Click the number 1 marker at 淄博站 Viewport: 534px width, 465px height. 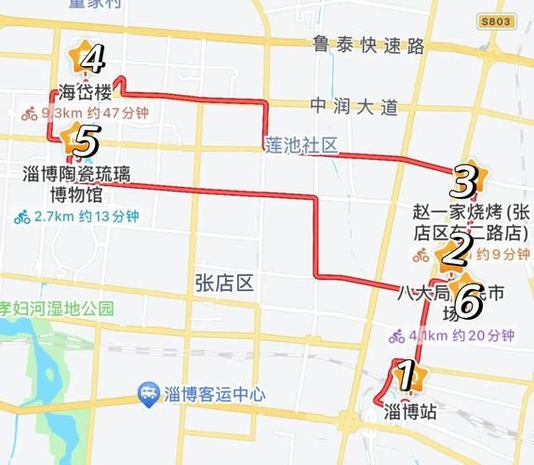coord(404,376)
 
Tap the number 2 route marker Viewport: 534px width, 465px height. coord(455,250)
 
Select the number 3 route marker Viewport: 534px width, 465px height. coord(465,177)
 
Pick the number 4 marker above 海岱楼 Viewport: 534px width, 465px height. coord(90,60)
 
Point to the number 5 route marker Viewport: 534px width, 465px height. coord(82,142)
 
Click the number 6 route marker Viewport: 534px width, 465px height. coord(468,299)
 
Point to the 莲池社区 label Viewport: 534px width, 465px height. coord(300,146)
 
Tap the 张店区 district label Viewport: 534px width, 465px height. coord(223,282)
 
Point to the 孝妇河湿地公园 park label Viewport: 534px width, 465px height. coord(56,308)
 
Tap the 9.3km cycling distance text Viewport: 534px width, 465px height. coord(86,114)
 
